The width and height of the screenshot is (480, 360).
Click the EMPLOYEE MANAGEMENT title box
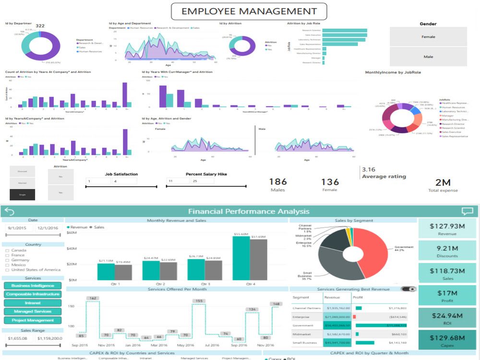click(x=249, y=11)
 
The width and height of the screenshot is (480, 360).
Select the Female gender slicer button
click(x=428, y=36)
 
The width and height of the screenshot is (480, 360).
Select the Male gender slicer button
click(x=428, y=57)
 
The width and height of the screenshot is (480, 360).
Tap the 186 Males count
click(x=278, y=182)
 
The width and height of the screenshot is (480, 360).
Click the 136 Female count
click(x=330, y=182)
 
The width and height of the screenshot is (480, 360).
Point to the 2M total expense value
click(x=443, y=182)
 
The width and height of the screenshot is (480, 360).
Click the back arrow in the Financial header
click(x=9, y=211)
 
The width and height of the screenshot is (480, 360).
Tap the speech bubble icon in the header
click(x=467, y=211)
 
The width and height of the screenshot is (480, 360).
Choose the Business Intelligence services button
click(x=33, y=286)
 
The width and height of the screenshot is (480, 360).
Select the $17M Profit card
click(x=447, y=296)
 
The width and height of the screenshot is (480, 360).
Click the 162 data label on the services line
click(x=93, y=298)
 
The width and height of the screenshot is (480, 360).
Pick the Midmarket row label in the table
click(x=301, y=334)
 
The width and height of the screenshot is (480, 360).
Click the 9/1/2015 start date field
click(x=18, y=228)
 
